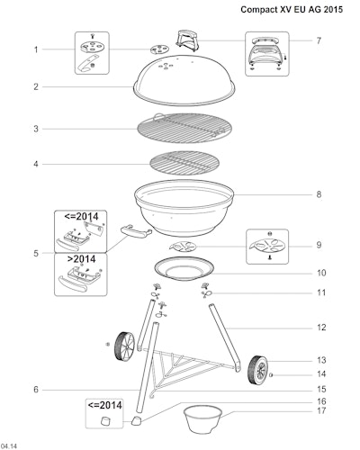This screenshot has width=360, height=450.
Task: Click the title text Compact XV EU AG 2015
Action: coord(292,10)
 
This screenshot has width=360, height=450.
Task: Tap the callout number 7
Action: coord(319,40)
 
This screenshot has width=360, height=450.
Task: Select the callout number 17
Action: coord(321,410)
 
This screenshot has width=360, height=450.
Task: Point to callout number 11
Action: coord(321,292)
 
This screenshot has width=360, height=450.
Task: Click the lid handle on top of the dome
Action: coord(187,39)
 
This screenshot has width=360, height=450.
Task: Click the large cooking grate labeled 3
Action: coord(184,128)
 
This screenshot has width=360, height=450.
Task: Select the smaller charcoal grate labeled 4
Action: coord(184,164)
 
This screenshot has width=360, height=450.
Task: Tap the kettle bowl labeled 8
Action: coord(184,207)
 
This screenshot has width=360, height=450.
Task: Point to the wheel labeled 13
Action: coord(258,370)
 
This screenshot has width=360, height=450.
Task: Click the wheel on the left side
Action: coord(124,346)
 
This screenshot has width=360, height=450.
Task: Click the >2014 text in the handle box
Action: coord(81,259)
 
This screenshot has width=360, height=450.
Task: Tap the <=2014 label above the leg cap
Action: coord(104,405)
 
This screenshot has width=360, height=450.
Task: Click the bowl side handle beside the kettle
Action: coord(136,231)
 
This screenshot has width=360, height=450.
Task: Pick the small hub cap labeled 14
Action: coord(271,374)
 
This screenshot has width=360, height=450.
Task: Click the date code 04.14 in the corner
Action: coord(9,446)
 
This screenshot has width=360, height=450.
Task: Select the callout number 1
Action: coord(36,49)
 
